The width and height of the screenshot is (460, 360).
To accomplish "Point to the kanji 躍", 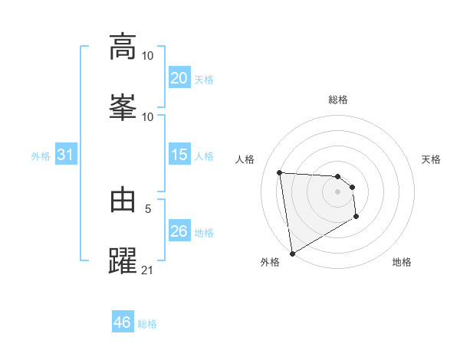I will click(x=123, y=260).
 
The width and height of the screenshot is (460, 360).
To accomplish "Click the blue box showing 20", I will click(x=179, y=78).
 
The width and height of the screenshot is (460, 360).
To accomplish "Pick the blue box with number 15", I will click(x=179, y=155).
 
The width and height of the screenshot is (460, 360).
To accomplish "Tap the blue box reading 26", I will click(x=179, y=231).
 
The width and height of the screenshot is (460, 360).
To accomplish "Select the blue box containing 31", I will click(x=65, y=155).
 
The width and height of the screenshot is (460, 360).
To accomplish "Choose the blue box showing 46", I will click(x=122, y=322).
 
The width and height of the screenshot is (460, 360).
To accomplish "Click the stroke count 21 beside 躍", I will click(x=148, y=270).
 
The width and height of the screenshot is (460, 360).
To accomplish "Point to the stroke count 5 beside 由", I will click(x=148, y=208).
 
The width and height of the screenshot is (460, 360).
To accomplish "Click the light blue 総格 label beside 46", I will click(x=147, y=324).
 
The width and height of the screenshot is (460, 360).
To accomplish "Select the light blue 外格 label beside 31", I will click(x=41, y=156).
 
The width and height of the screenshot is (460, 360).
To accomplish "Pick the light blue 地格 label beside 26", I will click(x=204, y=233).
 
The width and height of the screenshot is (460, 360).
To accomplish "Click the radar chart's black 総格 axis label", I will click(x=338, y=100).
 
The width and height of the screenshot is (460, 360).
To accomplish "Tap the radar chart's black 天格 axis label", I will click(x=432, y=159).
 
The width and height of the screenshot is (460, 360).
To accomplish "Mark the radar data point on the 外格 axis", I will click(x=291, y=252).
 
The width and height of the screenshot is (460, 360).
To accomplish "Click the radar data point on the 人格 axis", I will click(x=280, y=172).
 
